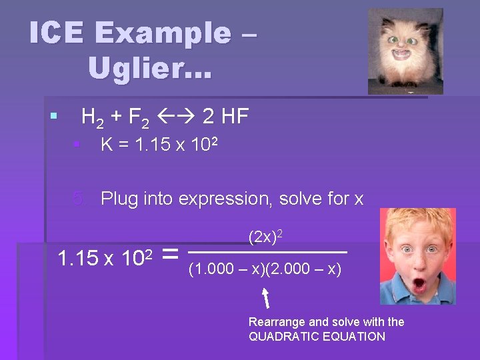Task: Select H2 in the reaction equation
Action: click(91, 118)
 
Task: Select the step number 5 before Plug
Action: click(79, 199)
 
